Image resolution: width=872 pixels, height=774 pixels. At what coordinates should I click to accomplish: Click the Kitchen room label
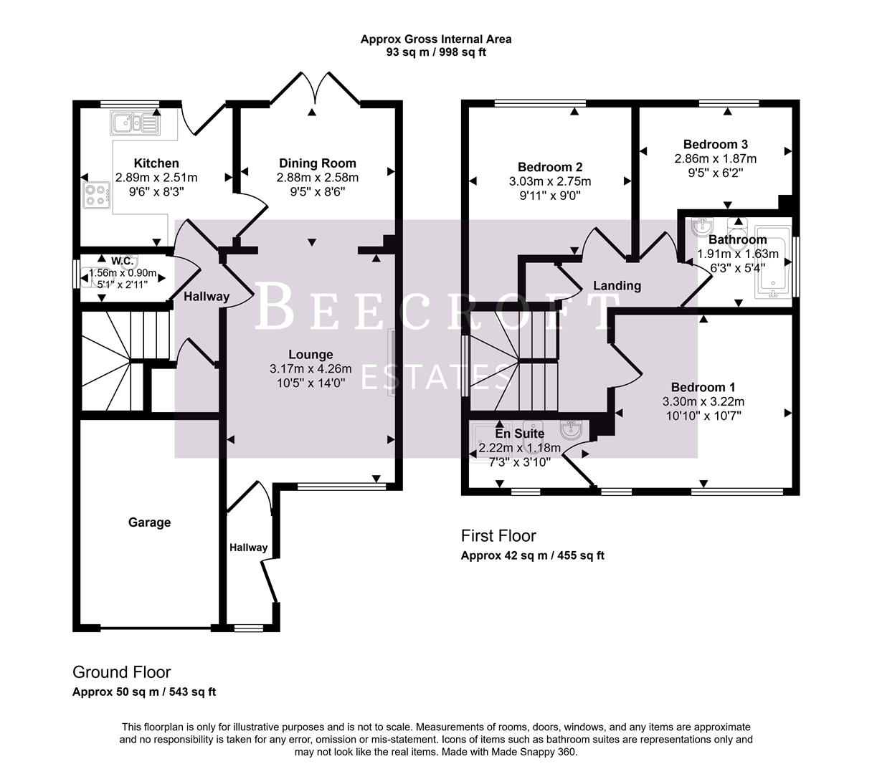pos(156,163)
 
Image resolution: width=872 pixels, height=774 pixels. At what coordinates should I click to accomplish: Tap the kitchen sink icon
pos(135,123)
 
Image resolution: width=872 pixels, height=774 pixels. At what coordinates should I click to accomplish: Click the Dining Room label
pos(317,163)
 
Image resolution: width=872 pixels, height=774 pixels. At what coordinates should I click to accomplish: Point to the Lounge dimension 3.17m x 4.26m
pos(311,369)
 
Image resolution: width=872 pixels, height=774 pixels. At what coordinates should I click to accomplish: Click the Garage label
pos(149,522)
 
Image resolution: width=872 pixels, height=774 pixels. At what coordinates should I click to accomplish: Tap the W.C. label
pos(122,261)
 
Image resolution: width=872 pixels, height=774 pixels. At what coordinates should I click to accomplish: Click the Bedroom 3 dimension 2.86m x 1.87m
pos(715,158)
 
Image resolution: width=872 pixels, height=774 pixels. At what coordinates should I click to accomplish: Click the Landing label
pos(617,286)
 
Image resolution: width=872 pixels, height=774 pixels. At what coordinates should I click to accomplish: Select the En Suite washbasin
pos(573,431)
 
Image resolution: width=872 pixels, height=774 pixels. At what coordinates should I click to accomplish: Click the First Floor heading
pos(498,535)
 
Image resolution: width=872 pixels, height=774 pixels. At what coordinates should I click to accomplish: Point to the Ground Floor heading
pos(121,672)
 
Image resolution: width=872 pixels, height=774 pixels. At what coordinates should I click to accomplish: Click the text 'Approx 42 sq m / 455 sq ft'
pos(532,555)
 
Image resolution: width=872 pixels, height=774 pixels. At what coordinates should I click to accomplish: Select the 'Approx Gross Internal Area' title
pos(436,39)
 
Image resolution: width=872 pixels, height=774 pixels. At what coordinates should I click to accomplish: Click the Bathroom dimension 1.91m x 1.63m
pos(737,254)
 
